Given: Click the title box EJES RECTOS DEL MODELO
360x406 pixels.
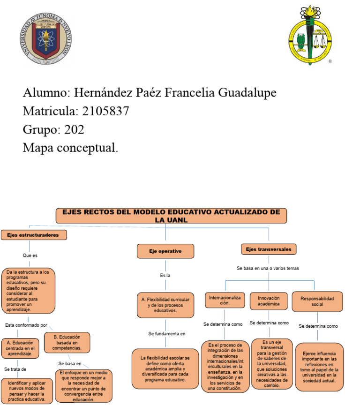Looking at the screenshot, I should pyautogui.click(x=171, y=216).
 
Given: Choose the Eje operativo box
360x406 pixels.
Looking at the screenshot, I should pyautogui.click(x=165, y=251).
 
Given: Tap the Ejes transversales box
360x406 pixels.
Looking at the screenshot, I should pyautogui.click(x=269, y=249).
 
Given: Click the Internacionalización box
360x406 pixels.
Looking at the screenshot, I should pyautogui.click(x=225, y=300).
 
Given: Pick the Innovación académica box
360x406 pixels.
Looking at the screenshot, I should pyautogui.click(x=269, y=301).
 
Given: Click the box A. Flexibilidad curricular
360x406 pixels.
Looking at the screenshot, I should pyautogui.click(x=165, y=304).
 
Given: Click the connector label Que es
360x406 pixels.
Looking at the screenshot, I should pyautogui.click(x=30, y=256).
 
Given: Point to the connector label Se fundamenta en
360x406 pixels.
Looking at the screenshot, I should pyautogui.click(x=167, y=334).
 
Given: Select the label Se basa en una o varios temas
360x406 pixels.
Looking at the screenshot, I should pyautogui.click(x=268, y=268).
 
